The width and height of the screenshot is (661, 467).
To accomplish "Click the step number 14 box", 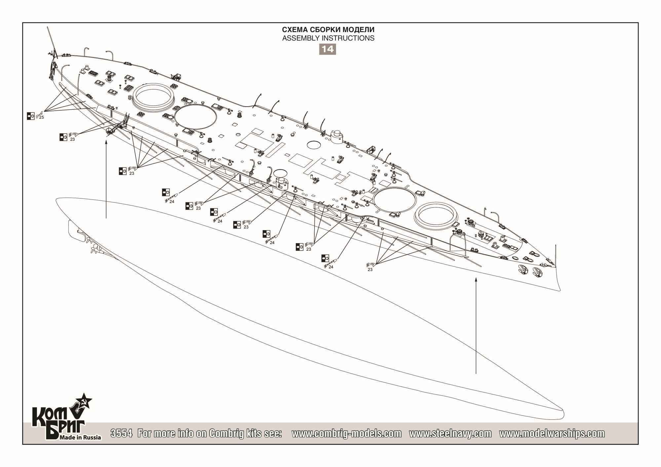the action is click(x=328, y=49).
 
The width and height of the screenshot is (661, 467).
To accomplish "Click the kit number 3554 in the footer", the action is click(x=122, y=433).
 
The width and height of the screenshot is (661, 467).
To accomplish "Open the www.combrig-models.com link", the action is click(x=347, y=434).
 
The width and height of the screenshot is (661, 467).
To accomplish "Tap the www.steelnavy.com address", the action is click(x=450, y=434).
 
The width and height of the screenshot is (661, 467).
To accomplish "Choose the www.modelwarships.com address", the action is click(x=552, y=434).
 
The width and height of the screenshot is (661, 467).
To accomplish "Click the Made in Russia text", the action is click(x=80, y=438).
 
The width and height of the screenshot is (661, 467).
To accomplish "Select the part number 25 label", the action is click(x=41, y=117).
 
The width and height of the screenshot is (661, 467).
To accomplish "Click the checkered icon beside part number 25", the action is click(x=31, y=116).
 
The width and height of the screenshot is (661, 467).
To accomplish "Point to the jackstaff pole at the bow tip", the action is click(x=556, y=256).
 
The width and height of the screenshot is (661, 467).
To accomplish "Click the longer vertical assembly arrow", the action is click(x=476, y=326).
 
